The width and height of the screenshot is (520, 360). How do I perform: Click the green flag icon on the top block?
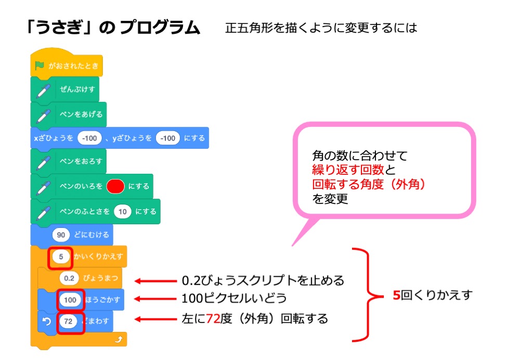[x=40, y=66]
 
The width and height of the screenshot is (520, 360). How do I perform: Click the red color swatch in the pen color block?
[x=115, y=186]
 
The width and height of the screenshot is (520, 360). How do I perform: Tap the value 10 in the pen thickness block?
[x=122, y=212]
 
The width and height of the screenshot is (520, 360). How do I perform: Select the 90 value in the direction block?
[x=60, y=235]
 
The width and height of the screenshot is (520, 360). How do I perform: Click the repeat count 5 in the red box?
[x=60, y=257]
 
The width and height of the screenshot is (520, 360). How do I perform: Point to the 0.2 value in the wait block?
[x=70, y=278]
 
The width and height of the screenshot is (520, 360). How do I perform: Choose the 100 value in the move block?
[x=70, y=300]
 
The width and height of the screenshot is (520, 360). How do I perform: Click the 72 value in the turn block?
[x=68, y=322]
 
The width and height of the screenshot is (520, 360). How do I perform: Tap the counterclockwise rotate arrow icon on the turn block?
[x=46, y=322]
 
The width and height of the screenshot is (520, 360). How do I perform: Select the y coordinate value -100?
[x=167, y=138]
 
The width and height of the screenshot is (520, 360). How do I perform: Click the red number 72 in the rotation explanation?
[x=213, y=318]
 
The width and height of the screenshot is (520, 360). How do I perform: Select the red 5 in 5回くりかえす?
[x=396, y=295]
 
